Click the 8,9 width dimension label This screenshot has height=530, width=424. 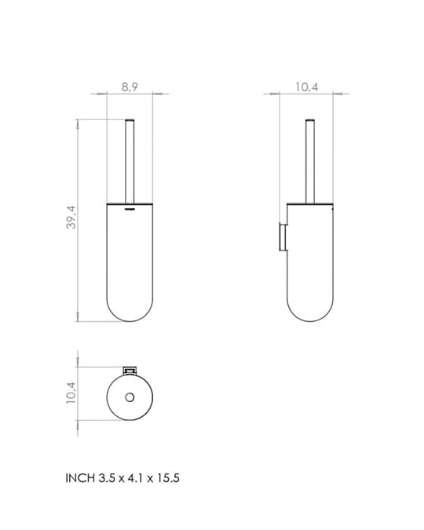(x=130, y=87)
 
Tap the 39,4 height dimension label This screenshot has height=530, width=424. (x=71, y=217)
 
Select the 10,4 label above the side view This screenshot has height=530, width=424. (x=307, y=87)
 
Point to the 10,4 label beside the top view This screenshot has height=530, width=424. (x=71, y=393)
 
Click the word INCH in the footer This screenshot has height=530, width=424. (x=80, y=478)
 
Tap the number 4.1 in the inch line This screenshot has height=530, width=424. (x=135, y=478)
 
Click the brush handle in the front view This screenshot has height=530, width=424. (x=130, y=162)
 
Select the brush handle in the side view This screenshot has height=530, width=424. (x=310, y=162)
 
